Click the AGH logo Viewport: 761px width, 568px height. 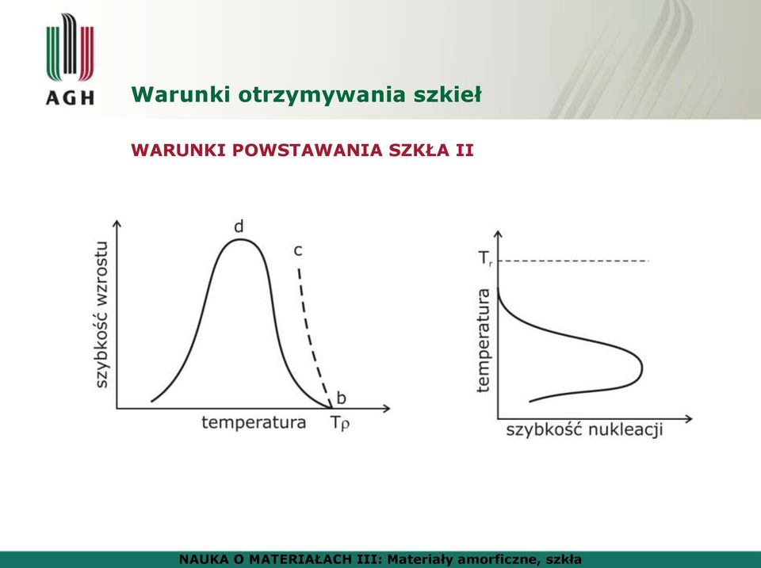[x=70, y=59]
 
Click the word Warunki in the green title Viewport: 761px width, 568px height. [x=181, y=94]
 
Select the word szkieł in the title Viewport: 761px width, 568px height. [x=447, y=94]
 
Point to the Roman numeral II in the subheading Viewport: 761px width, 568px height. [x=465, y=151]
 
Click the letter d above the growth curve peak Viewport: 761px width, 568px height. [x=239, y=227]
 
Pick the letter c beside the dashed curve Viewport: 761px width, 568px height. [x=298, y=251]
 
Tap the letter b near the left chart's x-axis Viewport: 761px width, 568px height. [x=341, y=398]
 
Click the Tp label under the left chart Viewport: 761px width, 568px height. [x=340, y=423]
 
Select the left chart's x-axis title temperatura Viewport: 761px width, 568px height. [x=254, y=422]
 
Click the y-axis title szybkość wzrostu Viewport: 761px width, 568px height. [x=102, y=314]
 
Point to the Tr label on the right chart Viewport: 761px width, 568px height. [x=486, y=258]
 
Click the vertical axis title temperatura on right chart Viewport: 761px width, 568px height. [x=484, y=340]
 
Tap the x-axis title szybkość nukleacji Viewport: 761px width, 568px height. [x=584, y=429]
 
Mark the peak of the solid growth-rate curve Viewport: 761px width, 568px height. [x=239, y=239]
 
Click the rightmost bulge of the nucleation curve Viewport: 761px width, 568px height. [x=641, y=368]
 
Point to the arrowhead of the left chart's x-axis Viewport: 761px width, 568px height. [x=387, y=409]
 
